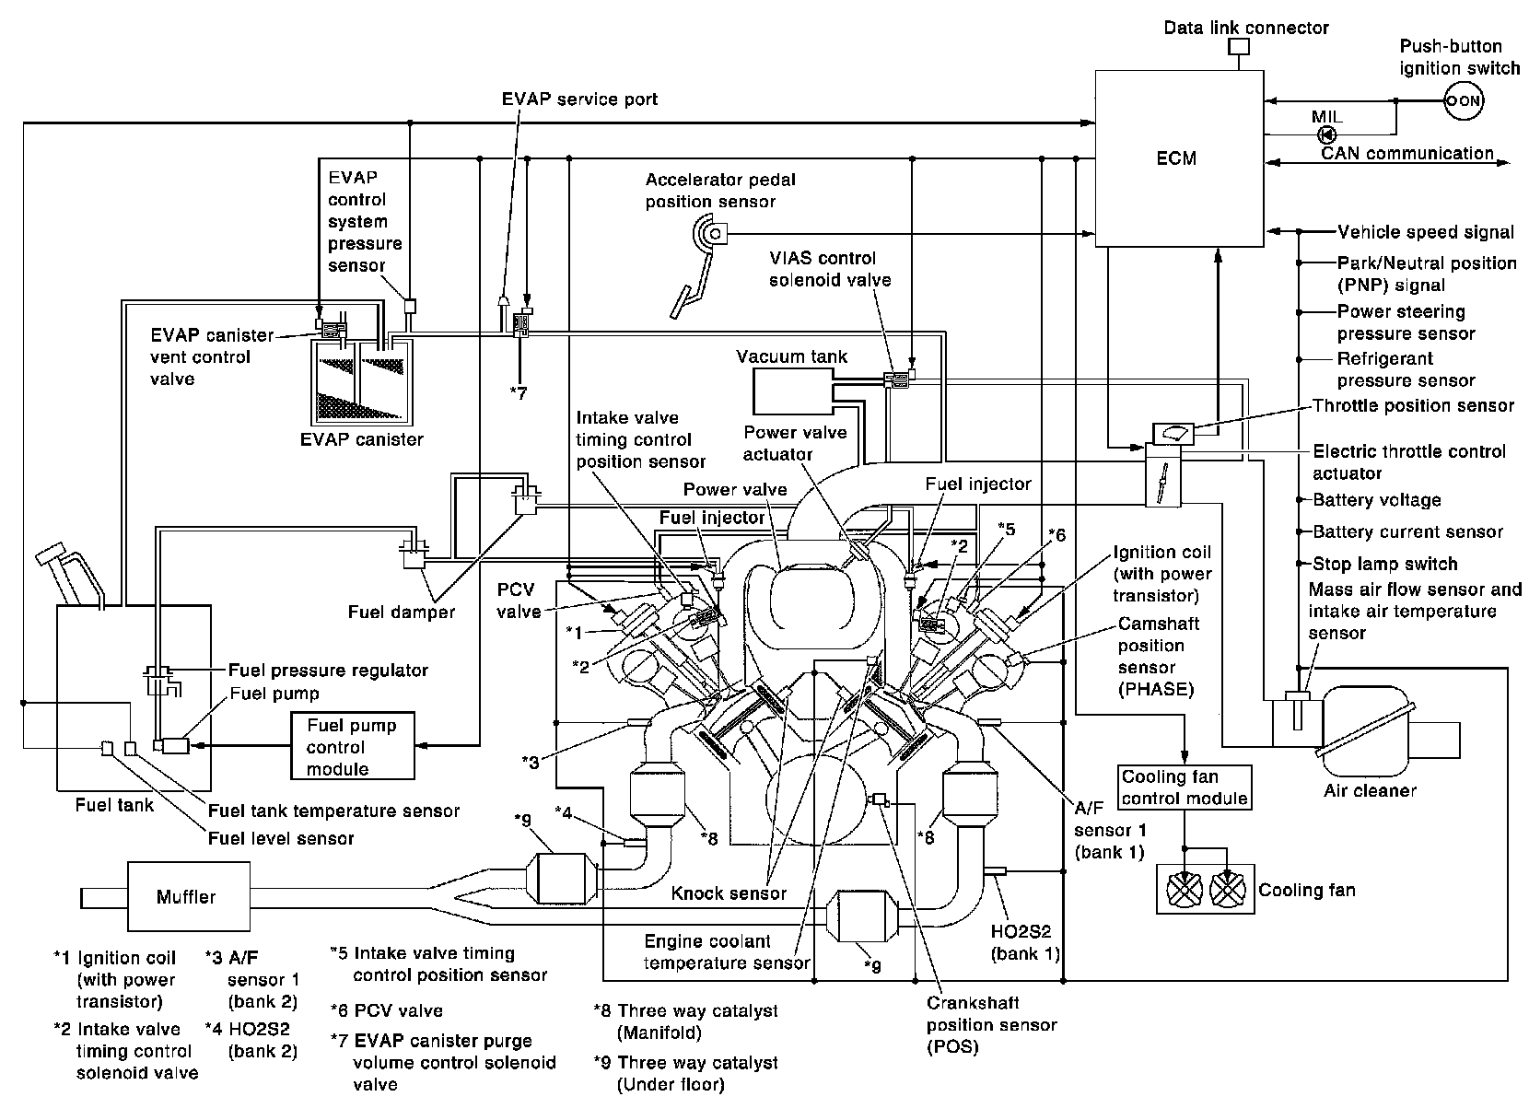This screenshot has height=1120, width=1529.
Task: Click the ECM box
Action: pos(1177,158)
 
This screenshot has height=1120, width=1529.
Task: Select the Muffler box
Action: pos(188,896)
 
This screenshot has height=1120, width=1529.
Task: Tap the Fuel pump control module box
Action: pos(352,747)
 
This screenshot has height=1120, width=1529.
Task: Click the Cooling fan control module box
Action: pos(1185,787)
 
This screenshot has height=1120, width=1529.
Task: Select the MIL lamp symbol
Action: pos(1327,134)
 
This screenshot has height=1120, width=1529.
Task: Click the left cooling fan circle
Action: pos(1185,890)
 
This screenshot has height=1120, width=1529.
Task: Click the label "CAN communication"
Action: pos(1407,154)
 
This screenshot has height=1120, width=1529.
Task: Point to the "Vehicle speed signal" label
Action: pos(1426,232)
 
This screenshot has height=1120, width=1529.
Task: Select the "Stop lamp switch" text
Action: pos(1385,564)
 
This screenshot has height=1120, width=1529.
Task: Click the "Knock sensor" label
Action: pos(729,892)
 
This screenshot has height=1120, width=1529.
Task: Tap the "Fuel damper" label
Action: pos(402,612)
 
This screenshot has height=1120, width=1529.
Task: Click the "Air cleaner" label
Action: pos(1370,789)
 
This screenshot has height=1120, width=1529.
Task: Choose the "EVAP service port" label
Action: pos(579,99)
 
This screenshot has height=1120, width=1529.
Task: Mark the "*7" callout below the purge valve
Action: pos(519,393)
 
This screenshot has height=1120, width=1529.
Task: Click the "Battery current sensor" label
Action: pos(1407,531)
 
